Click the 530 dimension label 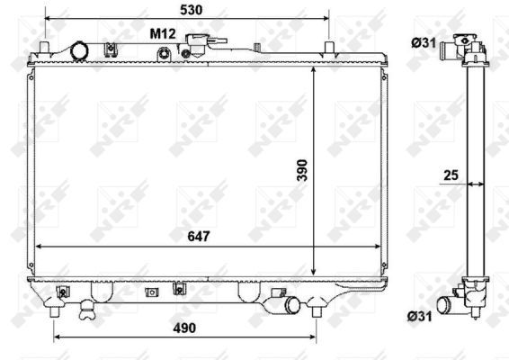tap(190, 10)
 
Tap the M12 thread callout tap(162, 33)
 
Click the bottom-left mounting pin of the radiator tap(55, 310)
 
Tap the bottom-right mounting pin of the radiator tap(316, 310)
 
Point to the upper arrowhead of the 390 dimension tap(313, 71)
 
